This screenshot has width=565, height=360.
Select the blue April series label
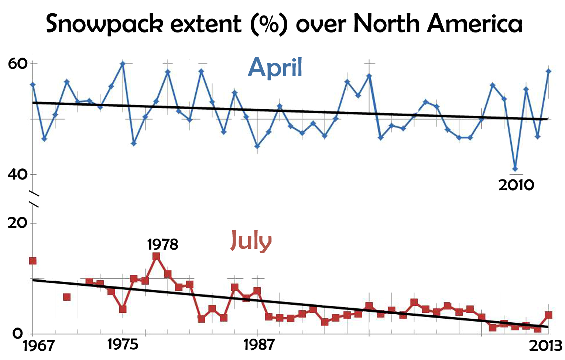[275, 68]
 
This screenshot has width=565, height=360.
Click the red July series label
[251, 240]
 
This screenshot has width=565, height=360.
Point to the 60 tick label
[18, 64]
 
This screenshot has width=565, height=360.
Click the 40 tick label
[18, 174]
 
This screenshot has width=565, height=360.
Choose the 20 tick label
[18, 223]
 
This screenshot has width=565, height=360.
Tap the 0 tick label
[18, 334]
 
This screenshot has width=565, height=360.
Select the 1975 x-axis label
[123, 344]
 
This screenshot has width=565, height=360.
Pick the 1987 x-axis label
[259, 345]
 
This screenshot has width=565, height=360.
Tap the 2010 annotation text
[516, 185]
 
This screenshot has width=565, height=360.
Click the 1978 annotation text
[162, 244]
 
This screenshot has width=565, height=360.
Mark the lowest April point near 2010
[515, 169]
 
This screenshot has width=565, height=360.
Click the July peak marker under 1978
[156, 256]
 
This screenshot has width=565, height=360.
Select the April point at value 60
[123, 64]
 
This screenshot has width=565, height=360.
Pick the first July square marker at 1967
[32, 261]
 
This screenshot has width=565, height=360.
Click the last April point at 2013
[548, 71]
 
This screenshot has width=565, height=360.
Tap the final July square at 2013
[548, 315]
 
